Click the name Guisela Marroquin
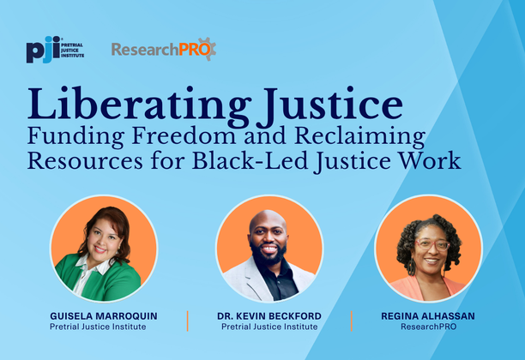pyautogui.click(x=104, y=316)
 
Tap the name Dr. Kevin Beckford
pyautogui.click(x=269, y=316)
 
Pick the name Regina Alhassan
pyautogui.click(x=428, y=316)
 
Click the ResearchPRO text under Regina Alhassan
pyautogui.click(x=428, y=327)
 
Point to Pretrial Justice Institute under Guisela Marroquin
pyautogui.click(x=104, y=327)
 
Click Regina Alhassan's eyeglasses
pyautogui.click(x=431, y=244)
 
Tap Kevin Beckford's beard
pyautogui.click(x=268, y=258)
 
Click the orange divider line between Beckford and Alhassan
pyautogui.click(x=352, y=321)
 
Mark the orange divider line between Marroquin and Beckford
pyautogui.click(x=187, y=321)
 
